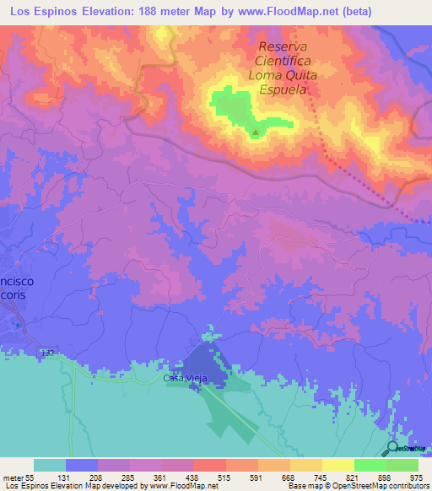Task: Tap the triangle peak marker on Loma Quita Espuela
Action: (x=256, y=131)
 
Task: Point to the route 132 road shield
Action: (x=47, y=351)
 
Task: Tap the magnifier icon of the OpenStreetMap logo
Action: (x=394, y=449)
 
